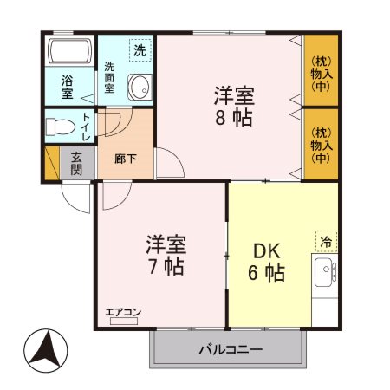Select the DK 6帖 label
click(268, 261)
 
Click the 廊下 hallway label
click(125, 159)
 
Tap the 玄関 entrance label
click(77, 163)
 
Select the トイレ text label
click(87, 127)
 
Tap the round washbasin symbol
click(139, 86)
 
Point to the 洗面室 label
click(110, 78)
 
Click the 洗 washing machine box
click(140, 49)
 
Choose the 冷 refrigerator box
click(326, 241)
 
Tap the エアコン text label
click(124, 312)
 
